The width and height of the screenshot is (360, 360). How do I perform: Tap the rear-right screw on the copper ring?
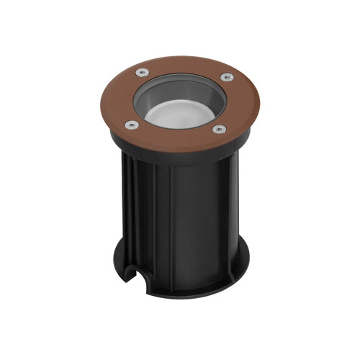pyautogui.click(x=225, y=76)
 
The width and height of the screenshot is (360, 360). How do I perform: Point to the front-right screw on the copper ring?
pyautogui.click(x=220, y=130)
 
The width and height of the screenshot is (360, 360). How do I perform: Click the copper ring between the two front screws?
pyautogui.click(x=177, y=138)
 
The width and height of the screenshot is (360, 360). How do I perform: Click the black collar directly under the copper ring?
pyautogui.click(x=176, y=159)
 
